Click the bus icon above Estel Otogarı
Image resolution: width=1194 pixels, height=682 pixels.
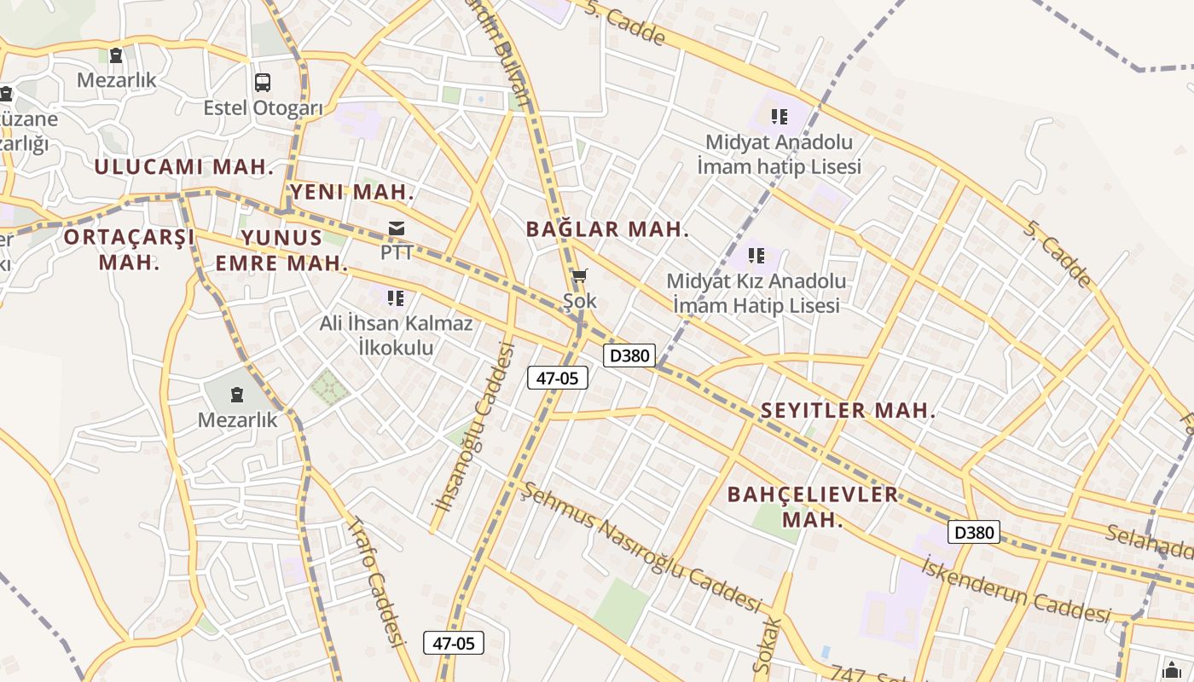click(263, 83)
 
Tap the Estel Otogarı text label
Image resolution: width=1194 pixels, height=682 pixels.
click(263, 108)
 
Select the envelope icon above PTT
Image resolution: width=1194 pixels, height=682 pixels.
click(397, 228)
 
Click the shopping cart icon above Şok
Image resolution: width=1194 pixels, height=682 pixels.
click(580, 275)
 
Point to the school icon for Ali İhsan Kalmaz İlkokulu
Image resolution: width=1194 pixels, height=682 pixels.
click(395, 298)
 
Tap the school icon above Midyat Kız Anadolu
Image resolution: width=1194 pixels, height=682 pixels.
click(756, 255)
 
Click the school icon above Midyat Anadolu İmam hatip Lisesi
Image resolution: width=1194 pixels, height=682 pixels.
click(779, 116)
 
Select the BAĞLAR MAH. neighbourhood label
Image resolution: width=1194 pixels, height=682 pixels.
click(607, 229)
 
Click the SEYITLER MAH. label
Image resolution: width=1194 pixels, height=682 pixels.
click(848, 410)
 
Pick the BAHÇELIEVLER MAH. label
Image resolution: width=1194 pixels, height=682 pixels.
click(813, 506)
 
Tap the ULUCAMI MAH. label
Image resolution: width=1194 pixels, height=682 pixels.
click(183, 167)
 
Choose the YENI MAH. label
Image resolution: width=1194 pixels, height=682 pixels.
click(352, 193)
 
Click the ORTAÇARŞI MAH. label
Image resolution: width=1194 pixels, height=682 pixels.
click(130, 249)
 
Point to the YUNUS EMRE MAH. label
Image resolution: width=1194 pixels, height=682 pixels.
click(281, 250)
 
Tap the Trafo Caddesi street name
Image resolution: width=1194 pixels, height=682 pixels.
click(375, 581)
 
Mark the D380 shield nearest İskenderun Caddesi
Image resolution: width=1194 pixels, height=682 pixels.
click(973, 533)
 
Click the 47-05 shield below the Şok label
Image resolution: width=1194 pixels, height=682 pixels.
click(558, 378)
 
